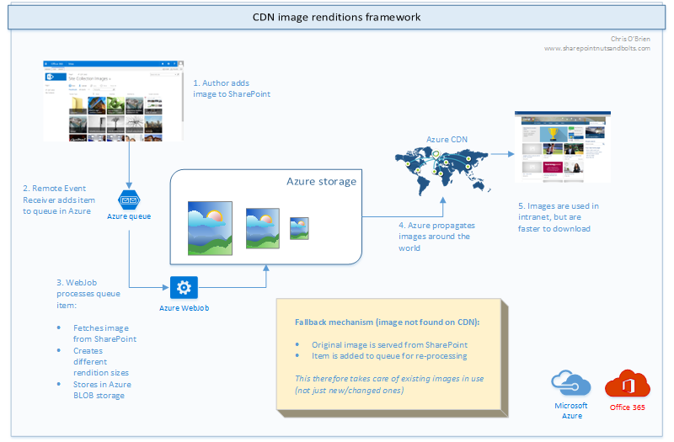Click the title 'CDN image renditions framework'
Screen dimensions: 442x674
(337, 17)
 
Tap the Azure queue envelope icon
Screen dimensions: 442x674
(129, 200)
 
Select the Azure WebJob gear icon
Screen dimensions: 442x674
(183, 288)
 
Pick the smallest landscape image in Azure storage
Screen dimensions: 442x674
(298, 229)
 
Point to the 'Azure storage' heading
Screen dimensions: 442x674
(321, 181)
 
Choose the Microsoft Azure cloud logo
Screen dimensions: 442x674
(570, 384)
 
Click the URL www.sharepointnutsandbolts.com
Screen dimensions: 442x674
(596, 48)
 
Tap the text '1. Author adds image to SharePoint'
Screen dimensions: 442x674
(232, 88)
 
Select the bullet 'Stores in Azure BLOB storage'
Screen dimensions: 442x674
(104, 391)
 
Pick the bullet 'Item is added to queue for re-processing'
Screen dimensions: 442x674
(382, 356)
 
